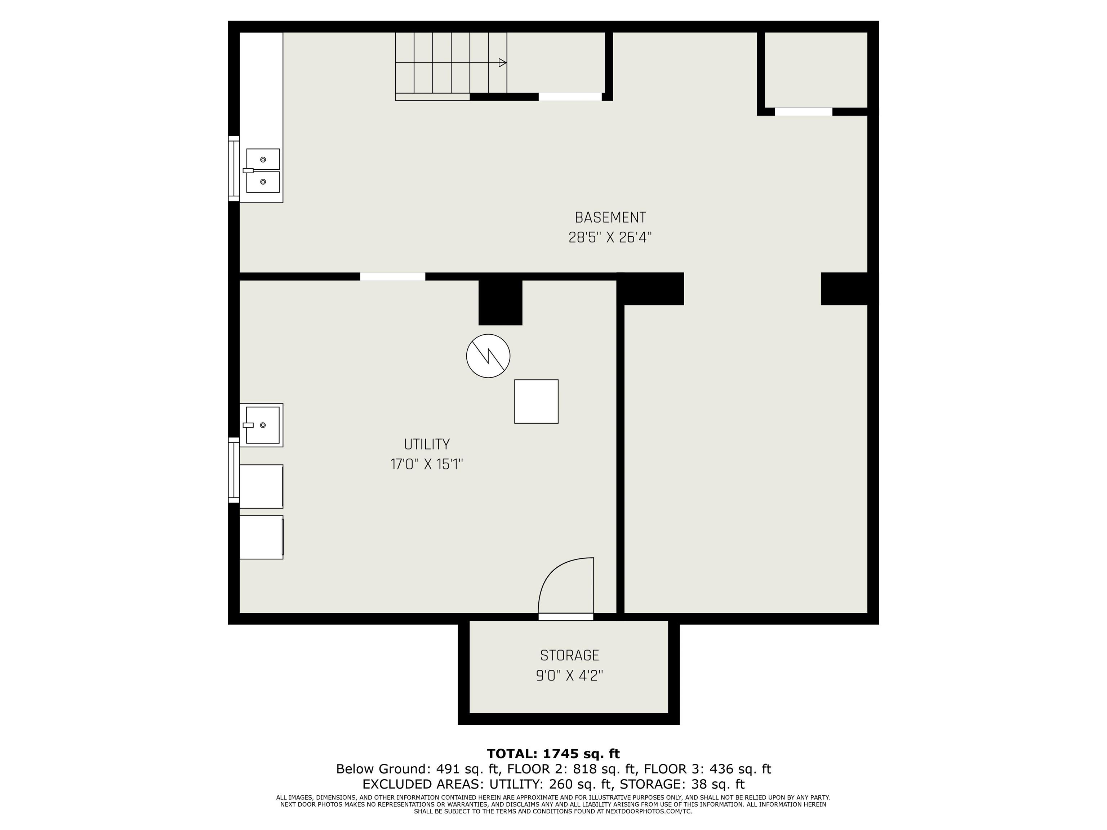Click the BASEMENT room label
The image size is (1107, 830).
(x=610, y=218)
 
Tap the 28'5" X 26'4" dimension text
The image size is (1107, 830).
(x=610, y=237)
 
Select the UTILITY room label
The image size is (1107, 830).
(x=427, y=444)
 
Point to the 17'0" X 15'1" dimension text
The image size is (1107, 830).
(x=427, y=464)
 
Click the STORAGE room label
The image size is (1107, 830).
(x=569, y=655)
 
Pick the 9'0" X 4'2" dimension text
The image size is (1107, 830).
(x=569, y=676)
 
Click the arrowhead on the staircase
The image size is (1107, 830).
(x=502, y=63)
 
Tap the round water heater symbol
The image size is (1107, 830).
(x=488, y=356)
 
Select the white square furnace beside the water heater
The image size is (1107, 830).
(x=536, y=401)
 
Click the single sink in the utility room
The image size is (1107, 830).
(x=262, y=425)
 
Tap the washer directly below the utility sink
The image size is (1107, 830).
(x=261, y=486)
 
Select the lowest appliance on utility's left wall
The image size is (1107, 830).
(x=261, y=537)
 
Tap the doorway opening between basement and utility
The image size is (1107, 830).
(x=392, y=277)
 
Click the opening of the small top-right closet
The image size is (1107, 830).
(x=803, y=112)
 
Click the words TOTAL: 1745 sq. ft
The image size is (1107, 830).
(x=553, y=754)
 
